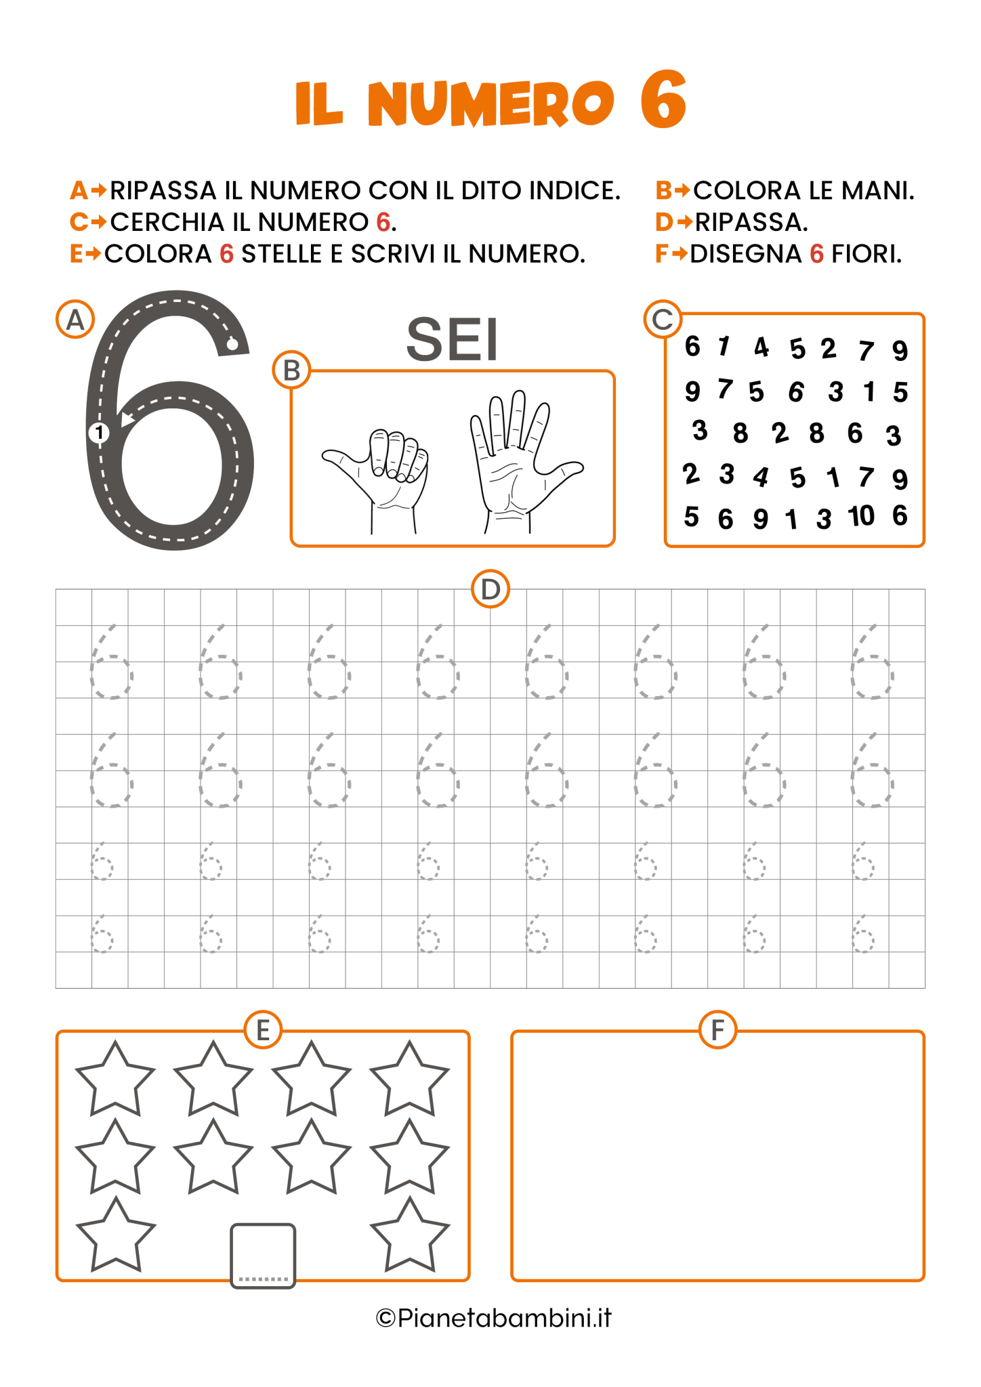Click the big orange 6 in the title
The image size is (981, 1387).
tap(663, 100)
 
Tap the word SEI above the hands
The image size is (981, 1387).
tap(452, 340)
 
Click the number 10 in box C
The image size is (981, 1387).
tap(861, 516)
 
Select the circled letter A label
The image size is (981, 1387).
tap(75, 319)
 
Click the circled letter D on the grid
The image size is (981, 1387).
tap(490, 589)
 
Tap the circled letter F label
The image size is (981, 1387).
tap(717, 1030)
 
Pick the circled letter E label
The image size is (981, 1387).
tap(263, 1030)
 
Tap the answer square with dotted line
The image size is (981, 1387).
tap(263, 1255)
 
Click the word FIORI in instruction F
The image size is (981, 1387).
tap(867, 254)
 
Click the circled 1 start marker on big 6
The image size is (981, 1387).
tap(99, 432)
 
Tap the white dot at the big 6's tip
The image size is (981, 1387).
tap(232, 345)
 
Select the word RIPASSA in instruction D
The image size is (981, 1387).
tap(751, 222)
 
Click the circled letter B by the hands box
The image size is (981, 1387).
tap(291, 370)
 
